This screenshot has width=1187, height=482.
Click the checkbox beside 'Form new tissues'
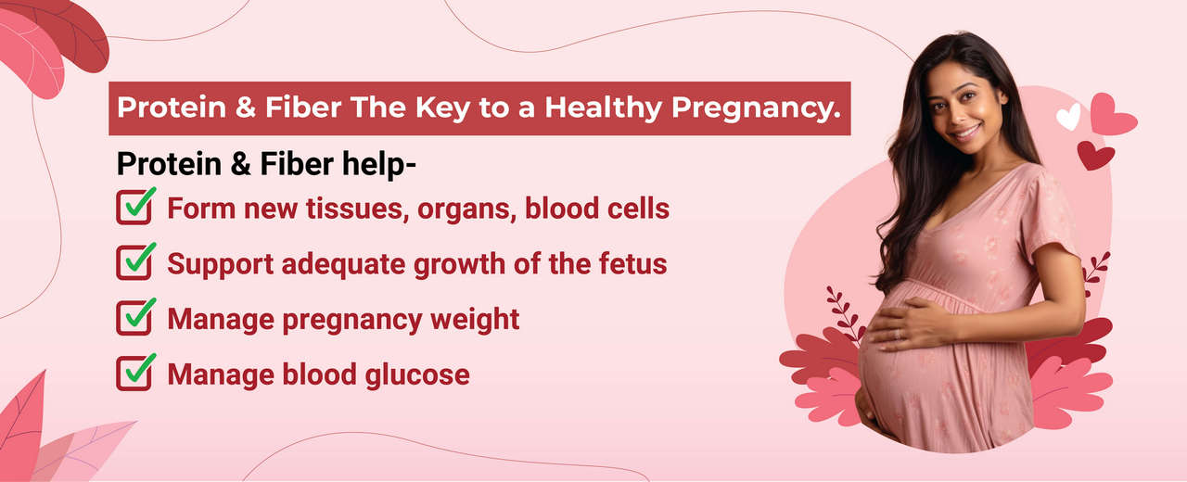134,207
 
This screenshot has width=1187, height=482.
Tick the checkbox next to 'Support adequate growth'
134,262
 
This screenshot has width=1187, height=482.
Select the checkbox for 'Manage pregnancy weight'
134,318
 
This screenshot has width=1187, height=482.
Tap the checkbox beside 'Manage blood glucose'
134,374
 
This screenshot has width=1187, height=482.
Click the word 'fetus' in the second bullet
635,263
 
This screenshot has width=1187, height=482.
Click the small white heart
1069,117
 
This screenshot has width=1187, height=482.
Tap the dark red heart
1096,155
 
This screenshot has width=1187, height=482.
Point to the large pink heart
1111,114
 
